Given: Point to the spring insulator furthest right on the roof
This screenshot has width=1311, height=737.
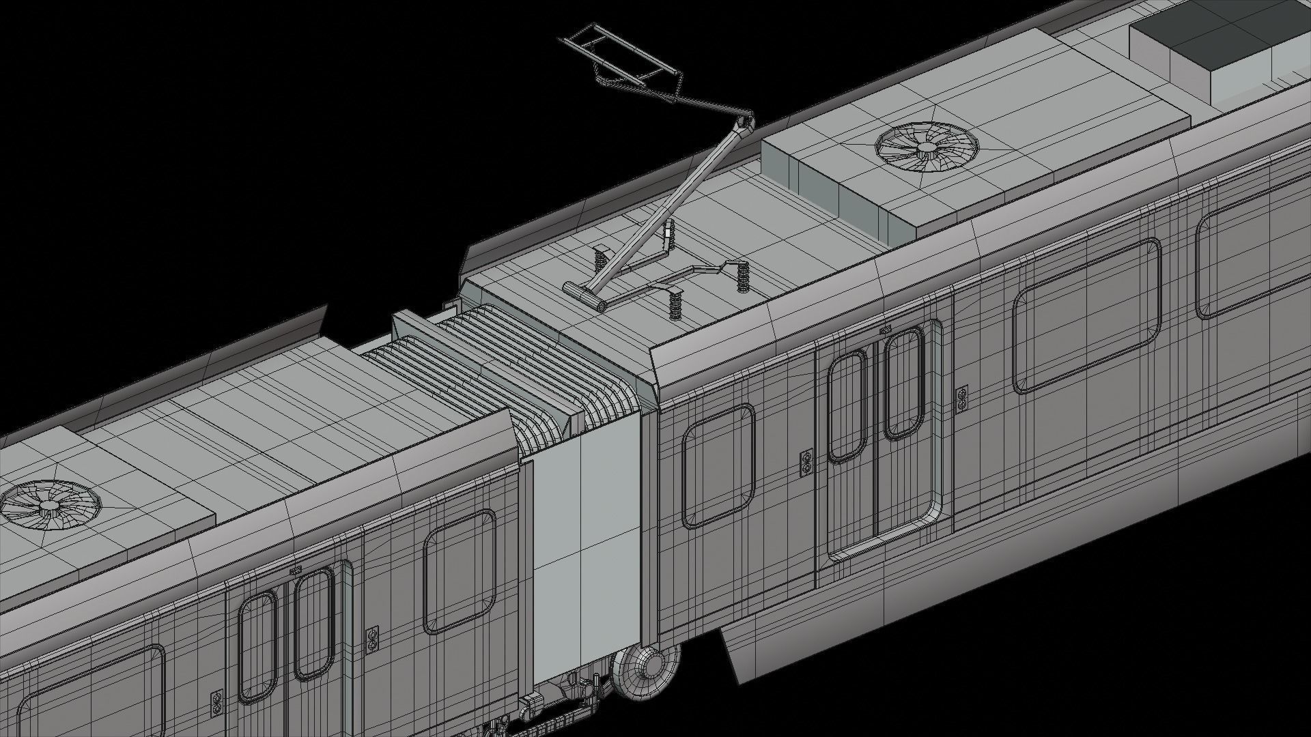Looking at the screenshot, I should point(743,276).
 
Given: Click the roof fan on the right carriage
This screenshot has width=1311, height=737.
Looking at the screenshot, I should point(926,146).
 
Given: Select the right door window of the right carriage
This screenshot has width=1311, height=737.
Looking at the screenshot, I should point(903,384).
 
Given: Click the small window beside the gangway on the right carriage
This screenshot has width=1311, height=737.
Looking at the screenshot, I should point(718,465).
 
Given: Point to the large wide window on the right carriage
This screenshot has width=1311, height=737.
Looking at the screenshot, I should point(1086,315).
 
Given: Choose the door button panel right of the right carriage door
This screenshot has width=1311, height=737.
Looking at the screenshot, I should point(962,399).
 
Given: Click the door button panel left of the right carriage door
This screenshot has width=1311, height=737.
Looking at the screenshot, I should point(806,463).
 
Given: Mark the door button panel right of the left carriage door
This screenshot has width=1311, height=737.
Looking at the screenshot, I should point(372,640).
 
